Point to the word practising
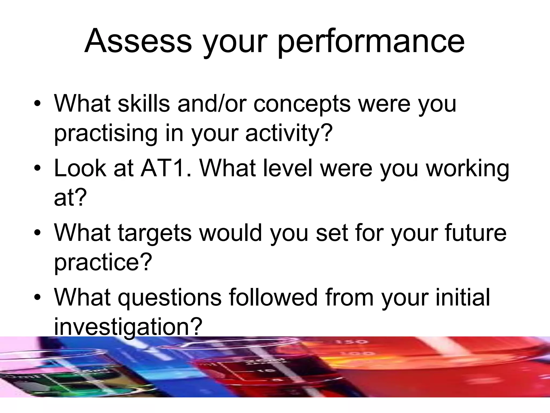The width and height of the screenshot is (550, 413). [106, 134]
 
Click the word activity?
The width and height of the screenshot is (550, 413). [289, 134]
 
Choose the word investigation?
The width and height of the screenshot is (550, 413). [128, 327]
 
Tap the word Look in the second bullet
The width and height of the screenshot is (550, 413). [80, 169]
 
